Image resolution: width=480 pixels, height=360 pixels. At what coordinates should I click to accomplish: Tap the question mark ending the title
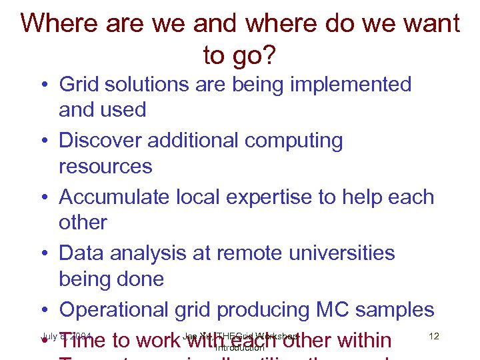coord(269,56)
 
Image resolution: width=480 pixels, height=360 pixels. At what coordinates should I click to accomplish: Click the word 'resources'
coord(105,166)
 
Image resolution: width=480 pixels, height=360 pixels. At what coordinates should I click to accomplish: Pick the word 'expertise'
coord(281,198)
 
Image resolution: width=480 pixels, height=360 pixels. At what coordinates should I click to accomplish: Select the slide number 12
coord(434,336)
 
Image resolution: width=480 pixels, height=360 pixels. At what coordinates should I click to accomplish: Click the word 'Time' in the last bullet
coord(82,341)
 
